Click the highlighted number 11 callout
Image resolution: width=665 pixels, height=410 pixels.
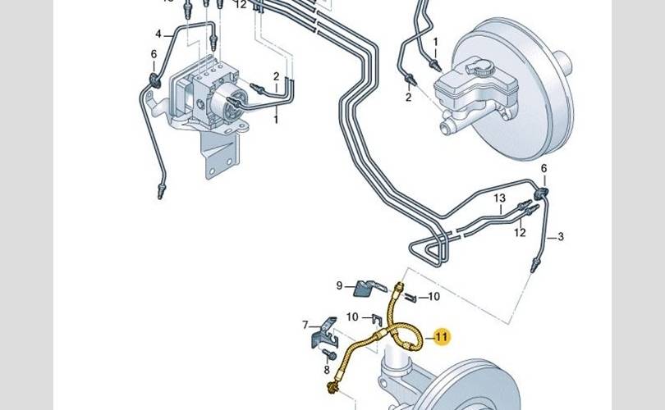(442, 336)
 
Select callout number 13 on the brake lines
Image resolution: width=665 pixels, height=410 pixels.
(499, 198)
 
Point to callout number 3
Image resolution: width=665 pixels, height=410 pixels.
(561, 238)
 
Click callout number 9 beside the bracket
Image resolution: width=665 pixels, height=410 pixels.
(339, 285)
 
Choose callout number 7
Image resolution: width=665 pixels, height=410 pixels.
(305, 325)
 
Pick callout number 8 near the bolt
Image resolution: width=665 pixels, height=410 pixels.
(326, 371)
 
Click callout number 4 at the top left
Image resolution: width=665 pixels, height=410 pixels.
(158, 34)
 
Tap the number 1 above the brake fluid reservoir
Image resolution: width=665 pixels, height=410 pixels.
(435, 41)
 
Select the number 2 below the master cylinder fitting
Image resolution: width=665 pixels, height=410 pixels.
(408, 98)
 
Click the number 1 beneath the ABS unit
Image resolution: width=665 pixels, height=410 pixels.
(276, 120)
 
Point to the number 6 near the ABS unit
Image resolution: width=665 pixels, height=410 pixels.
(153, 54)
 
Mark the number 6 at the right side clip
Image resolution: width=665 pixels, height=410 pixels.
(543, 168)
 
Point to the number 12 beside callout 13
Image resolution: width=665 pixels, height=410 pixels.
(519, 233)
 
